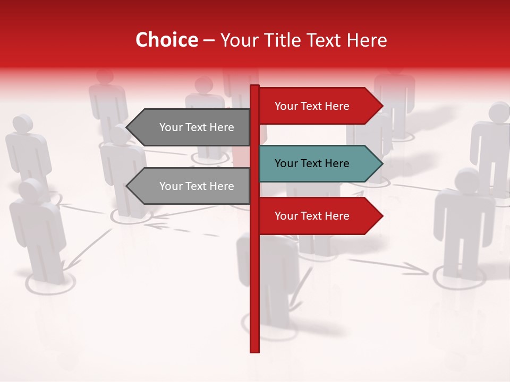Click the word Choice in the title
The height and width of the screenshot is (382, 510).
click(x=166, y=40)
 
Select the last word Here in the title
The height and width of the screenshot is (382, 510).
click(x=367, y=40)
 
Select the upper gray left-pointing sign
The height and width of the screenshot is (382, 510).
click(x=191, y=127)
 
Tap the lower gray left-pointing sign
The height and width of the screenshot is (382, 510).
click(x=191, y=186)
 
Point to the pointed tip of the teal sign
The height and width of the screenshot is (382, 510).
click(x=381, y=163)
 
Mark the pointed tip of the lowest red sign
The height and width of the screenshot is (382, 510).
click(x=381, y=216)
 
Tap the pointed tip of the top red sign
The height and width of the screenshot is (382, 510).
click(x=381, y=106)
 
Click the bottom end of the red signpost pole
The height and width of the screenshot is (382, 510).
click(x=254, y=350)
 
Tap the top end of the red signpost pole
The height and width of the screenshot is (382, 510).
click(x=254, y=86)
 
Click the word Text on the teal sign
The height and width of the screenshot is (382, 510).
click(x=312, y=163)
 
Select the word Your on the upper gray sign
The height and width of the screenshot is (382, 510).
click(x=171, y=127)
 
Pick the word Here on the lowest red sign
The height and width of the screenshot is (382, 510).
click(x=336, y=216)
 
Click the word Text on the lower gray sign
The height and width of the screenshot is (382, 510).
click(x=197, y=186)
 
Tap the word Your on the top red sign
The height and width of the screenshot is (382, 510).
click(x=286, y=106)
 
